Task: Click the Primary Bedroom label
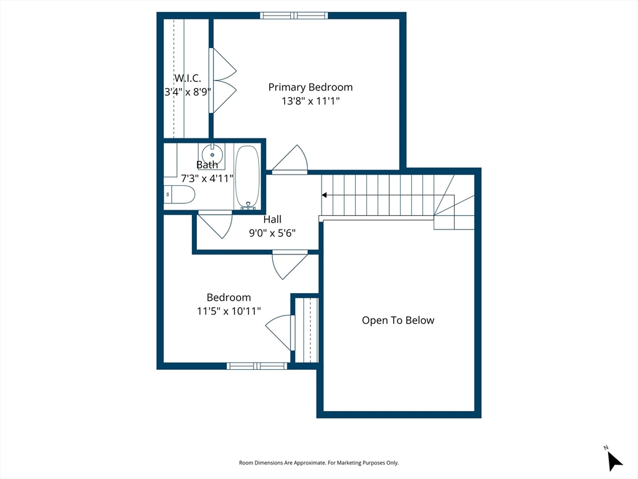click(310, 87)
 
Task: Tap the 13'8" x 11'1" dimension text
click(310, 101)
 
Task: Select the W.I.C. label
click(188, 78)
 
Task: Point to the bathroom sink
click(212, 154)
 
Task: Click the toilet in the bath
click(179, 195)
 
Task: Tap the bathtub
click(247, 178)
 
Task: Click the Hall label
click(272, 220)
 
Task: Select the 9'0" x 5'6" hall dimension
click(272, 233)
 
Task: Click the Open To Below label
click(398, 321)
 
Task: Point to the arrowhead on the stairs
click(324, 195)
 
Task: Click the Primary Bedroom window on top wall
click(294, 16)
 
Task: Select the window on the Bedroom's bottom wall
click(257, 365)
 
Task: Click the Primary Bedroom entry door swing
click(290, 160)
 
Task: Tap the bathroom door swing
click(215, 224)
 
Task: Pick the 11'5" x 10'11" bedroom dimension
click(229, 311)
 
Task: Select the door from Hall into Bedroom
click(290, 264)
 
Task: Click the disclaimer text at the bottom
click(318, 463)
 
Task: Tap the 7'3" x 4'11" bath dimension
click(207, 178)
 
